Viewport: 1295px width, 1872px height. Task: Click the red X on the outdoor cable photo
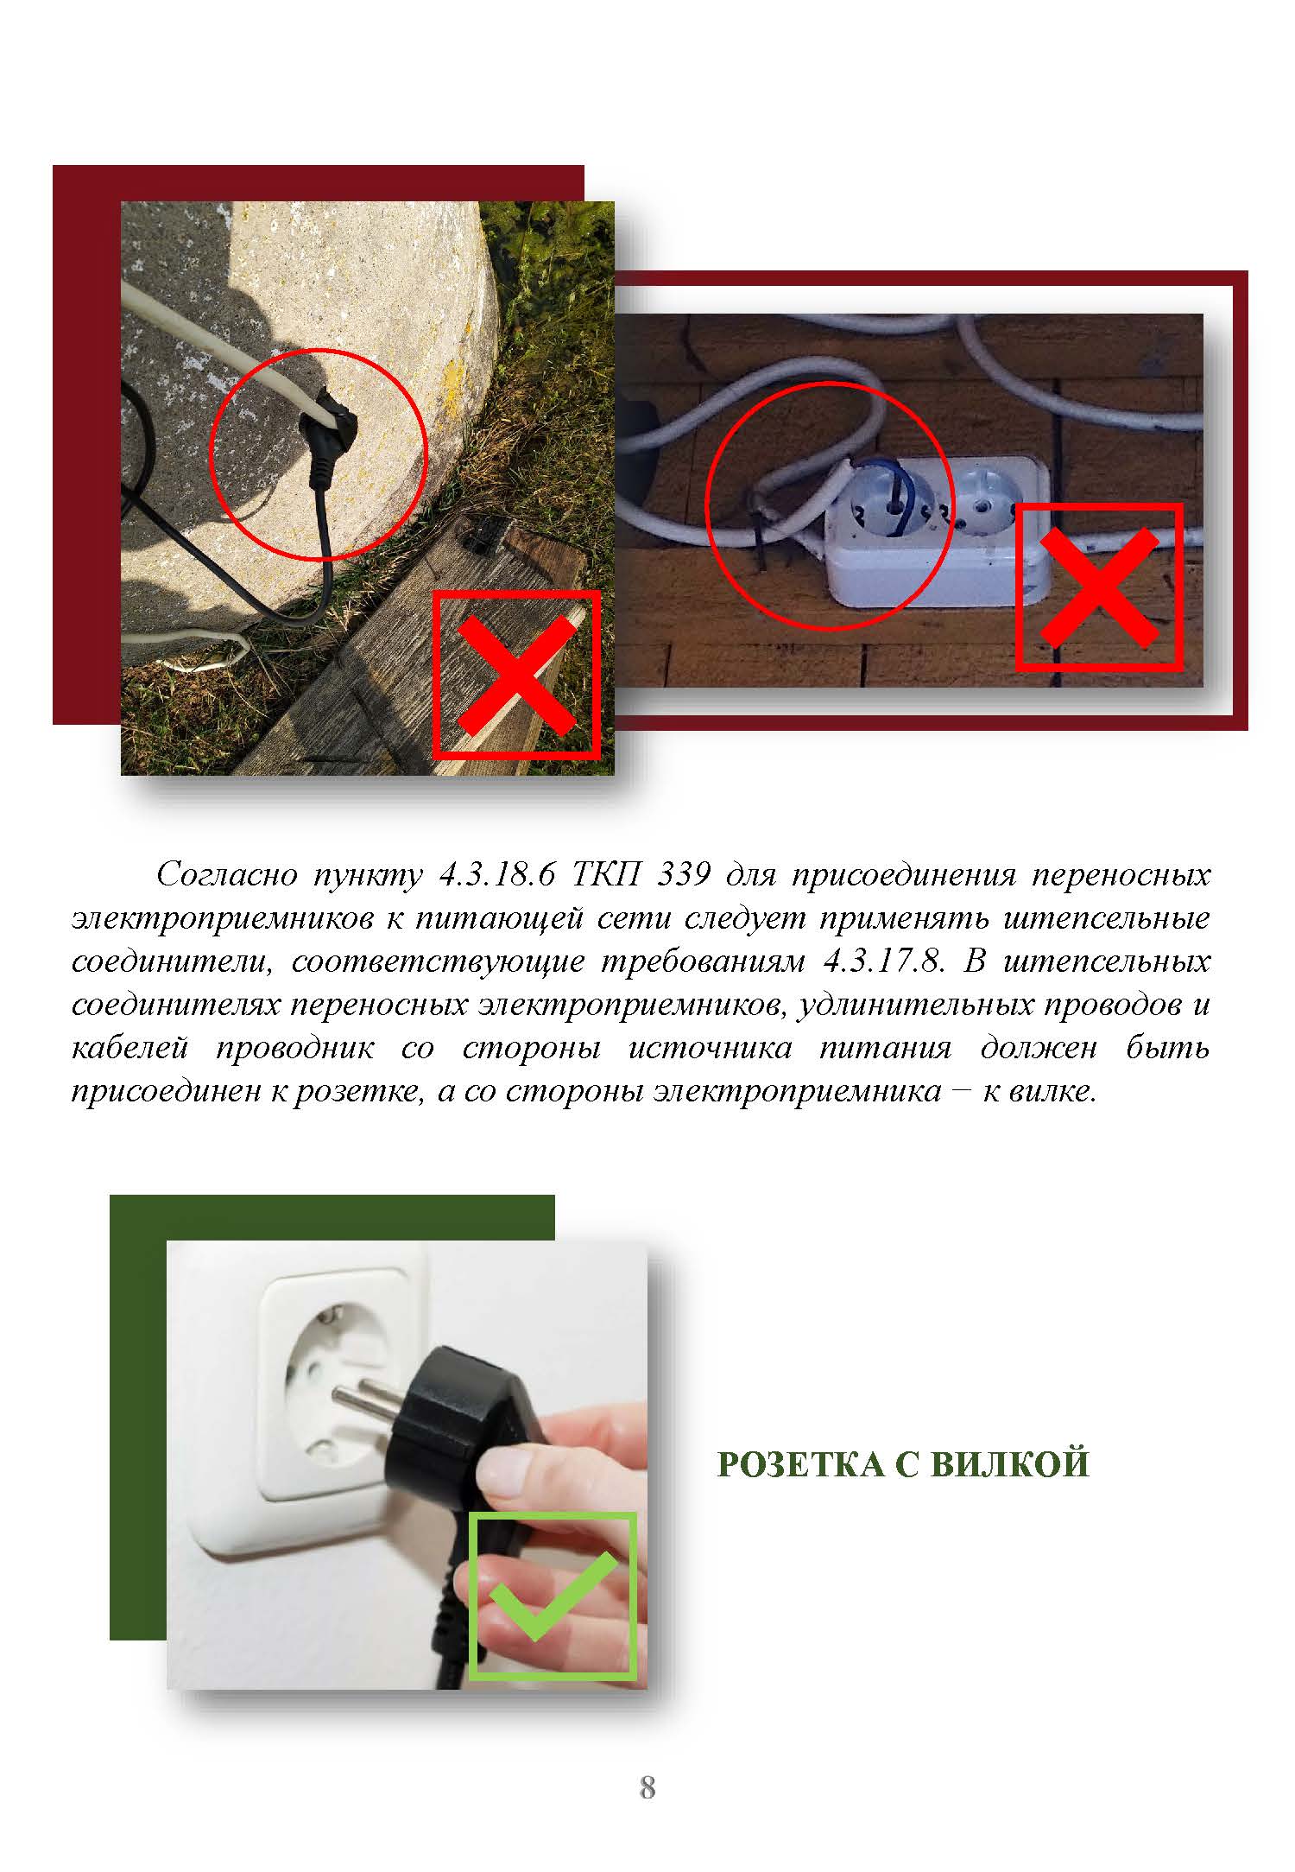coord(516,675)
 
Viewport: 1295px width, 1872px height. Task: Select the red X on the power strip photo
coord(1099,587)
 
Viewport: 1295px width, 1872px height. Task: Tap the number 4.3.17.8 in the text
coord(882,961)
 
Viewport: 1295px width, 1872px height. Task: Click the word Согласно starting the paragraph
coord(226,876)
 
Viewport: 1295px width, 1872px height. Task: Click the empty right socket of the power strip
coord(983,502)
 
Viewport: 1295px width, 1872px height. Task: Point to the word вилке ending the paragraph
coord(1049,1091)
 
